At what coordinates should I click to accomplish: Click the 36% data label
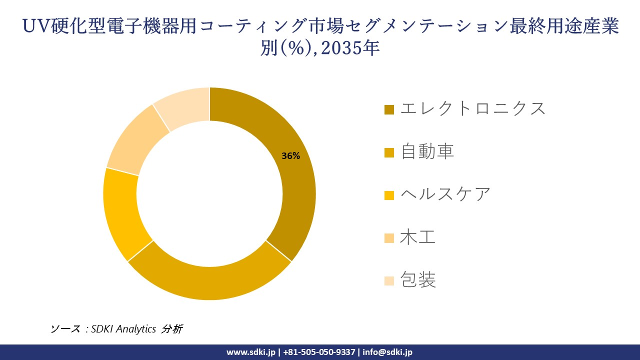point(290,156)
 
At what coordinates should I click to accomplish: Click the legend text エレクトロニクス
point(472,108)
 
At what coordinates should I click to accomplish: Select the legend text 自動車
point(427,151)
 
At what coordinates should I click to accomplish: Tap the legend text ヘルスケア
point(445,194)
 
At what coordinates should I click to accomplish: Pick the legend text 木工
point(418,237)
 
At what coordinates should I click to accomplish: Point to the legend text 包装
point(418,280)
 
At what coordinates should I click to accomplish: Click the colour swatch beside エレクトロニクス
point(389,109)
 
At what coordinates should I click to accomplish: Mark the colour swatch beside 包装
point(389,281)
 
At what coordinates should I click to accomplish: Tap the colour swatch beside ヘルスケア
point(389,195)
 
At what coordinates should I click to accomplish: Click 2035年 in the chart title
point(350,48)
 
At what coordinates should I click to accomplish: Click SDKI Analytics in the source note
point(123,329)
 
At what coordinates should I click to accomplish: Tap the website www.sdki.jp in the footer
point(250,352)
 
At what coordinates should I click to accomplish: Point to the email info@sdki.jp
point(387,352)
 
